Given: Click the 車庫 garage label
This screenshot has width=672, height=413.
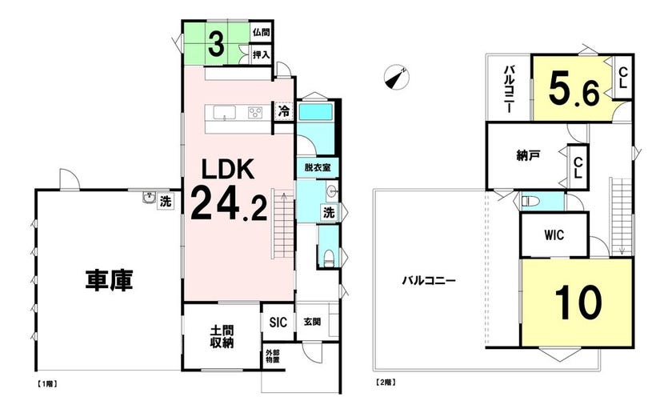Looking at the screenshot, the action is coord(110,280).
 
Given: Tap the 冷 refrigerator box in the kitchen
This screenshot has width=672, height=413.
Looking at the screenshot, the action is coord(283,111).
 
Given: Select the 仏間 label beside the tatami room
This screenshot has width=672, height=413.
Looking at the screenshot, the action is coord(261,32).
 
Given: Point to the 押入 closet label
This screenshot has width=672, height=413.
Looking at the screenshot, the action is coord(261,55).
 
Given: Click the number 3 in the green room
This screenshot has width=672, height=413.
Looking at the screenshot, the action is coord(217,45).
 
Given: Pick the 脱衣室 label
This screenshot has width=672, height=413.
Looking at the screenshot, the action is coord(317,167).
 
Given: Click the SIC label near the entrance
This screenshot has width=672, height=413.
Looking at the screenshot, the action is coord(278,322).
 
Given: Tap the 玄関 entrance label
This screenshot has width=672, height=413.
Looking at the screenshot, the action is coord(312,321).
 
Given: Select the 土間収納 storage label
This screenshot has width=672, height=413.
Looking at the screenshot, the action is coord(222,337).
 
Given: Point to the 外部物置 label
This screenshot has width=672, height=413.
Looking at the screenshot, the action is coord(273,356).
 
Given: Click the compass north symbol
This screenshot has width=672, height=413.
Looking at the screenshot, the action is coord(397,77).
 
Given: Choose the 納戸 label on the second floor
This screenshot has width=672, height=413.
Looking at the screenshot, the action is coord(527,156).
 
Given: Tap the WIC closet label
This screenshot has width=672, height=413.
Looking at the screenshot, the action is coord(554,235).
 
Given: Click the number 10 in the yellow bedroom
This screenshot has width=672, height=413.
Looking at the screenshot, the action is coord(578,303).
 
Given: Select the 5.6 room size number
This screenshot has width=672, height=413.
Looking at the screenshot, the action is coord(574,89).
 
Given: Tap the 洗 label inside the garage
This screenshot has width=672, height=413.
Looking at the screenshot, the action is coord(166,201).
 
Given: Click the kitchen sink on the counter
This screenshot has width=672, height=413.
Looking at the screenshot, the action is coord(224,113).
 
